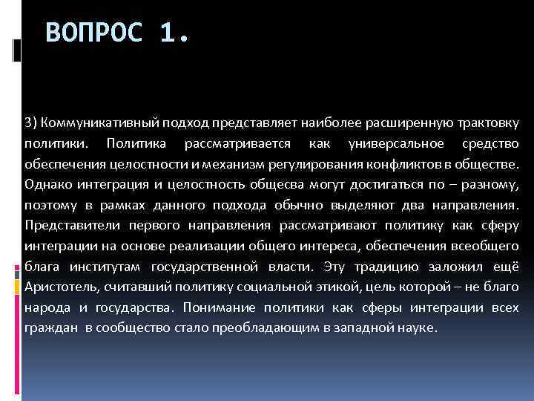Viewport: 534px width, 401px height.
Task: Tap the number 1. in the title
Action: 175,33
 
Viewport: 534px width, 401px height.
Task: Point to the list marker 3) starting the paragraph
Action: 30,122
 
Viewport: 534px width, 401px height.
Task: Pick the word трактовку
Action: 481,122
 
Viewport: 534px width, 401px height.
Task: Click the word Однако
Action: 45,183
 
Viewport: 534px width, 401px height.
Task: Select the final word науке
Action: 421,327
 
